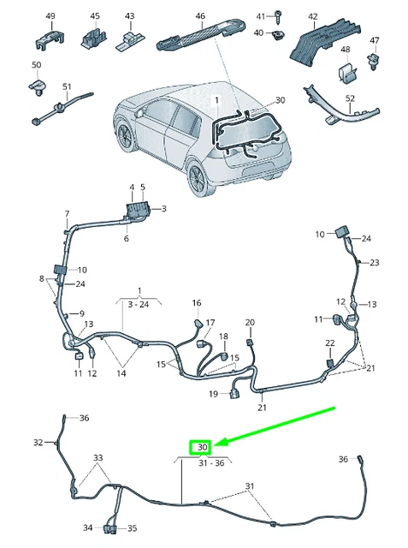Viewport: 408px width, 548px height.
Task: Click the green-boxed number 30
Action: click(x=203, y=447)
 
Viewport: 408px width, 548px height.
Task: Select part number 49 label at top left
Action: click(x=50, y=16)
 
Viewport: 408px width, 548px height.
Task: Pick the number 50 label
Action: click(x=36, y=66)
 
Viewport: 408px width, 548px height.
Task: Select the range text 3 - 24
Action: click(x=138, y=304)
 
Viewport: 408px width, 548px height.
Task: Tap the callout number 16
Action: click(x=197, y=303)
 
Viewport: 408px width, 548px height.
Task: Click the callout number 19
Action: click(x=214, y=395)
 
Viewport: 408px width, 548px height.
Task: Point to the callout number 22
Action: click(x=330, y=343)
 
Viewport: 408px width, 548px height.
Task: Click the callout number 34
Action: click(x=88, y=528)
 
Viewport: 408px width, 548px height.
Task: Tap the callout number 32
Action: click(x=38, y=443)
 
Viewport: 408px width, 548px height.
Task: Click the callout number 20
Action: click(x=250, y=323)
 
